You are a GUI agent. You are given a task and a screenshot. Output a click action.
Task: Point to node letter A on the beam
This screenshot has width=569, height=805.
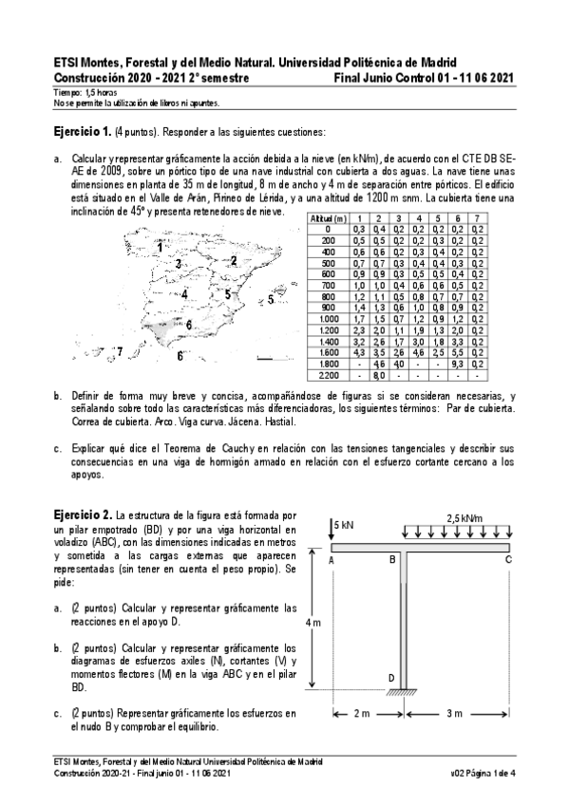(332, 561)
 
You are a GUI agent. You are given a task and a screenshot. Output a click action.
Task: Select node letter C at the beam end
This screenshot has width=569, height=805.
(509, 560)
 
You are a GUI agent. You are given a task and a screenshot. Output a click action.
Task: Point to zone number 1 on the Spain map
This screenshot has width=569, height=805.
(160, 220)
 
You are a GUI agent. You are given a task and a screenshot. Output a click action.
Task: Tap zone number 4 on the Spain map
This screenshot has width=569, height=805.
(184, 294)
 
